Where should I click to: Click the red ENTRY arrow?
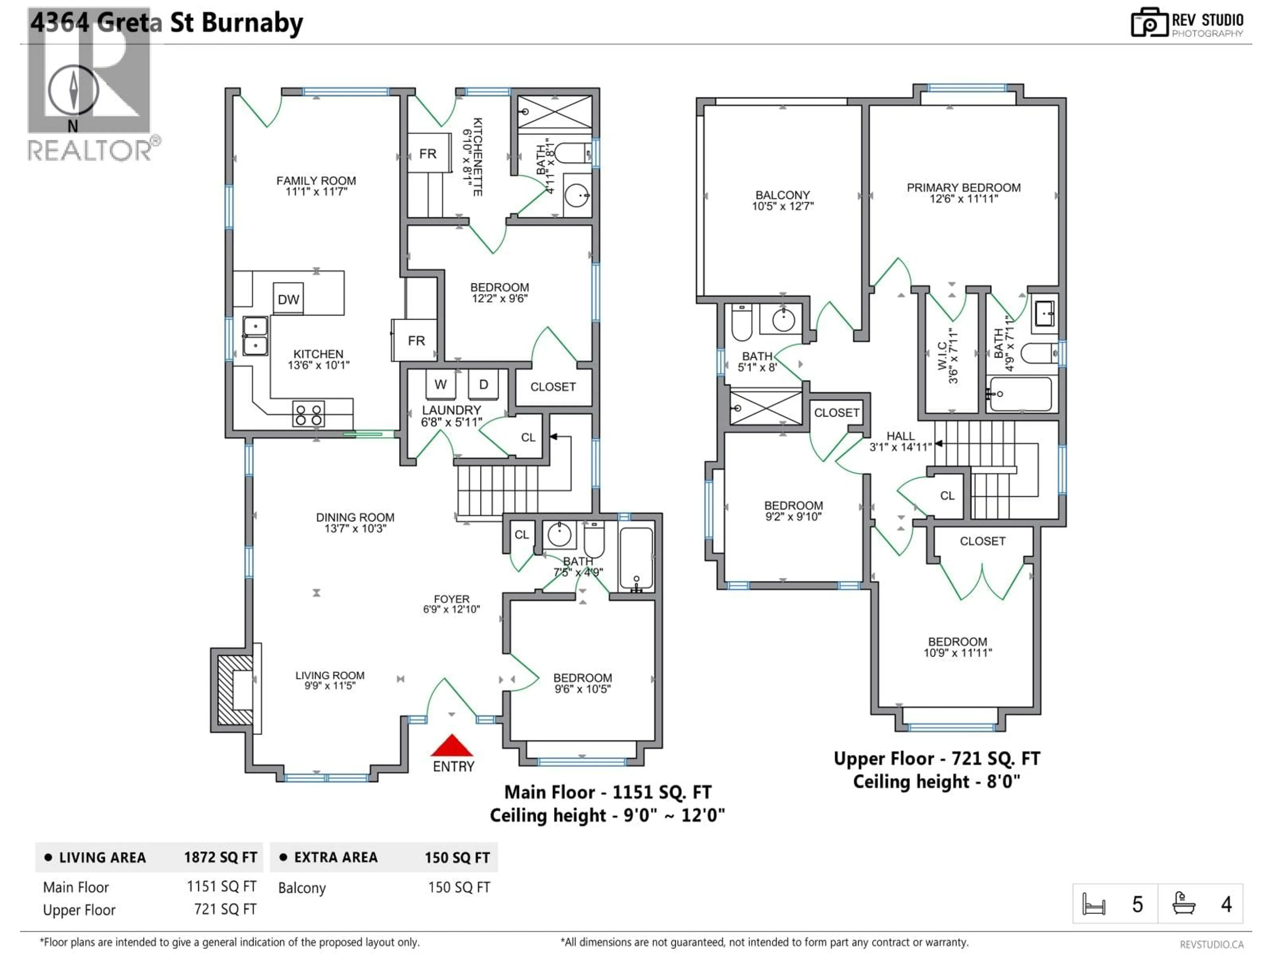(x=452, y=746)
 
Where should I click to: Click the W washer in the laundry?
(x=441, y=385)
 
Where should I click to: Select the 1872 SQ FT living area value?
(x=220, y=857)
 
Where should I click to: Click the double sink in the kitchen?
(x=255, y=336)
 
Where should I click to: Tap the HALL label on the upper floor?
(x=900, y=436)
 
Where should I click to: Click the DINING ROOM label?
(x=355, y=517)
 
